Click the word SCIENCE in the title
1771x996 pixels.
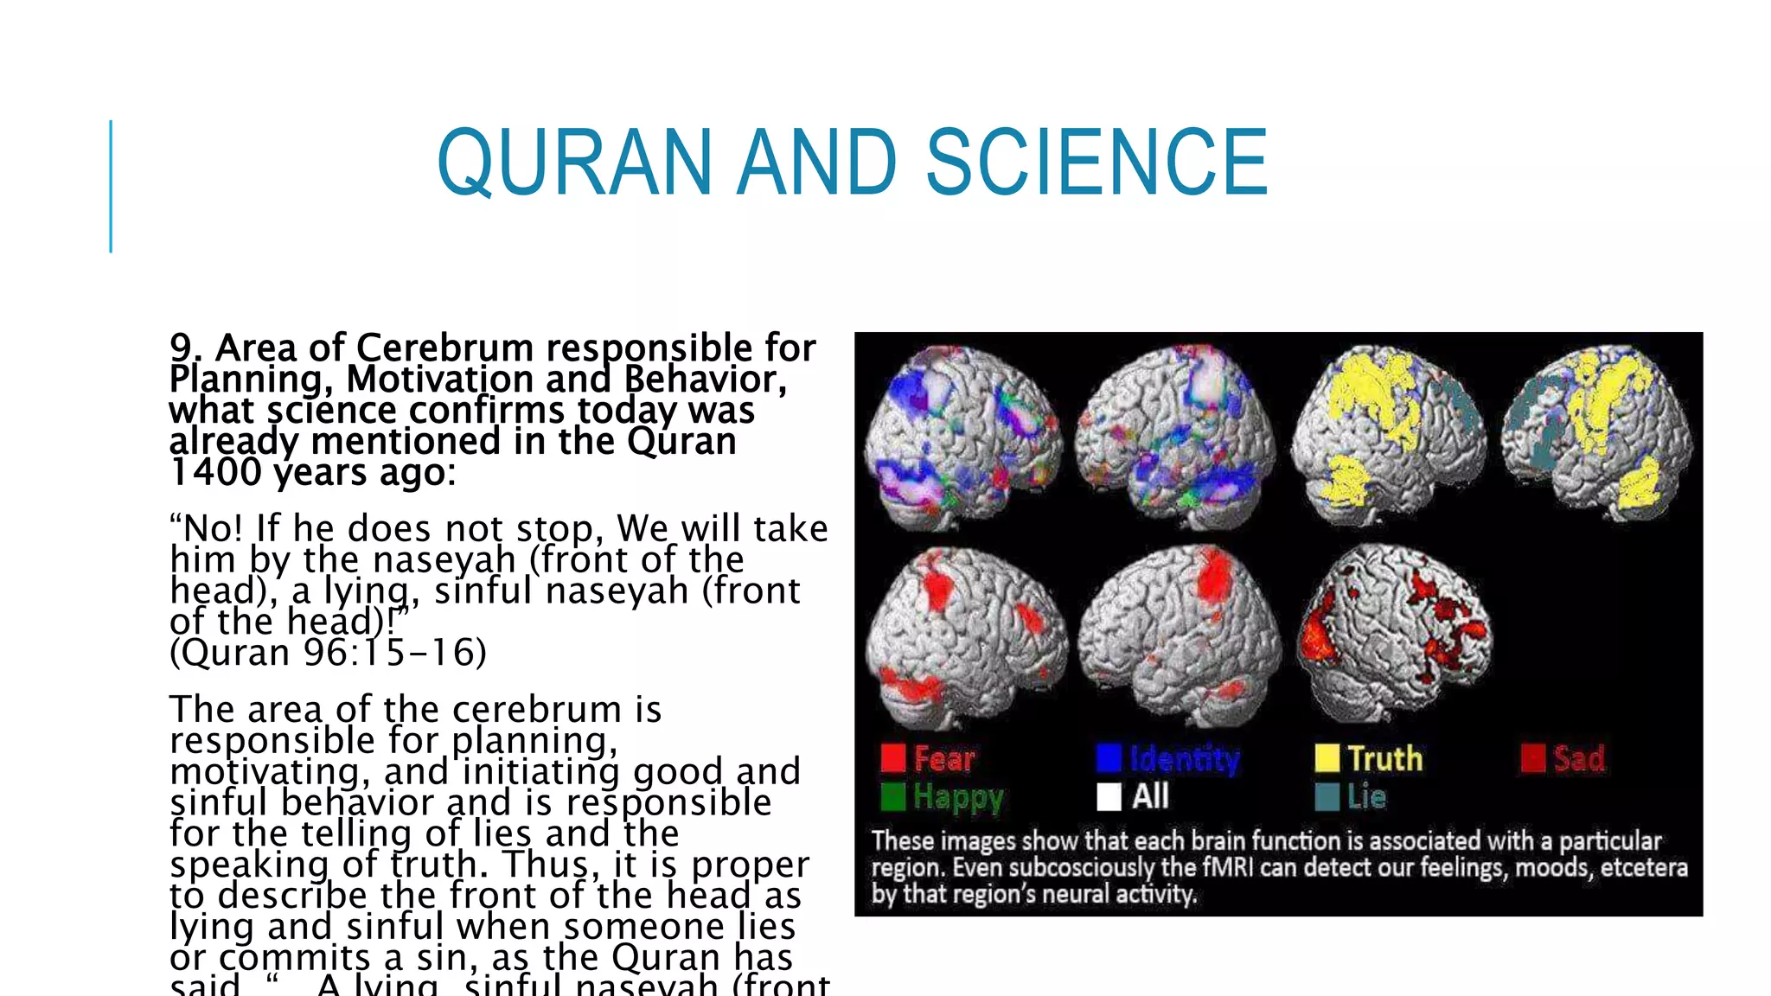1096,162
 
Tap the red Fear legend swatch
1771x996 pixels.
892,758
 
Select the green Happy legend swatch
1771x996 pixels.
892,796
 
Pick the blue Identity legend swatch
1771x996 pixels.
1109,758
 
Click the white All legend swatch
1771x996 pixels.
1109,796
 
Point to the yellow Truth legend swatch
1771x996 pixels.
1327,758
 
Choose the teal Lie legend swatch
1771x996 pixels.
1327,796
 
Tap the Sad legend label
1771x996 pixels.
1579,759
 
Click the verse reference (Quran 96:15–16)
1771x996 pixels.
329,653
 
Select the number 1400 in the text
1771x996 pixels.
215,472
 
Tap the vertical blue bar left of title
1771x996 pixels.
111,186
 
